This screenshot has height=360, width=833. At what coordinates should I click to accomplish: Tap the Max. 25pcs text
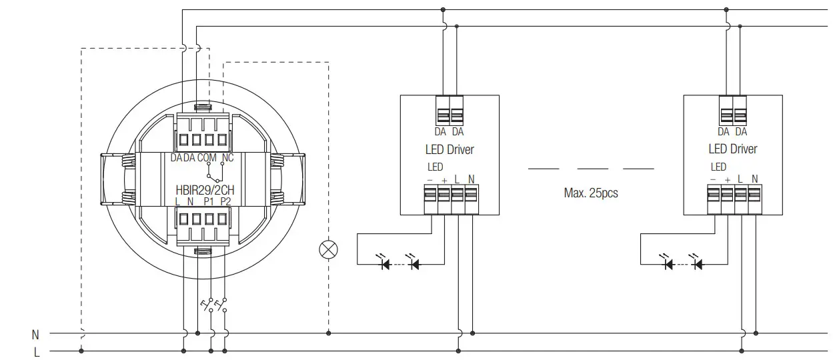591,193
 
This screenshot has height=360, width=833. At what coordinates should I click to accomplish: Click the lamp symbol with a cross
329,249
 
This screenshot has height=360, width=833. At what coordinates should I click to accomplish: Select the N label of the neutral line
35,333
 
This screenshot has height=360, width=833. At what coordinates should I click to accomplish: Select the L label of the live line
37,351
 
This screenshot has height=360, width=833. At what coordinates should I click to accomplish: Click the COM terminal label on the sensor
207,158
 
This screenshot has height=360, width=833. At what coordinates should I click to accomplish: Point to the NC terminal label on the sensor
227,158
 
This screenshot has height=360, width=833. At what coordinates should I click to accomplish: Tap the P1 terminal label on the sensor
209,201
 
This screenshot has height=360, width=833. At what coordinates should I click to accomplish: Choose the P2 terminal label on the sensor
225,201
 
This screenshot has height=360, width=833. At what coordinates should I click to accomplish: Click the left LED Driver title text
450,149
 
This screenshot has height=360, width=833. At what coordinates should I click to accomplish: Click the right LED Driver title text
732,149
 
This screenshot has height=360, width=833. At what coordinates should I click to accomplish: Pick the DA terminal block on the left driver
450,111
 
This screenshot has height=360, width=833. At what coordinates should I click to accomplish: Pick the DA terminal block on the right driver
733,111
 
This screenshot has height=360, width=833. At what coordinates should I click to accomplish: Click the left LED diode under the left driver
385,264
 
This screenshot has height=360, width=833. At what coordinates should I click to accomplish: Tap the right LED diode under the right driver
698,264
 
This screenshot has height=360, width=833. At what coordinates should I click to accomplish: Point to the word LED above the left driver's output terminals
434,167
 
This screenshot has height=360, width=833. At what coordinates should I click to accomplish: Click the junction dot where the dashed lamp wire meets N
328,333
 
